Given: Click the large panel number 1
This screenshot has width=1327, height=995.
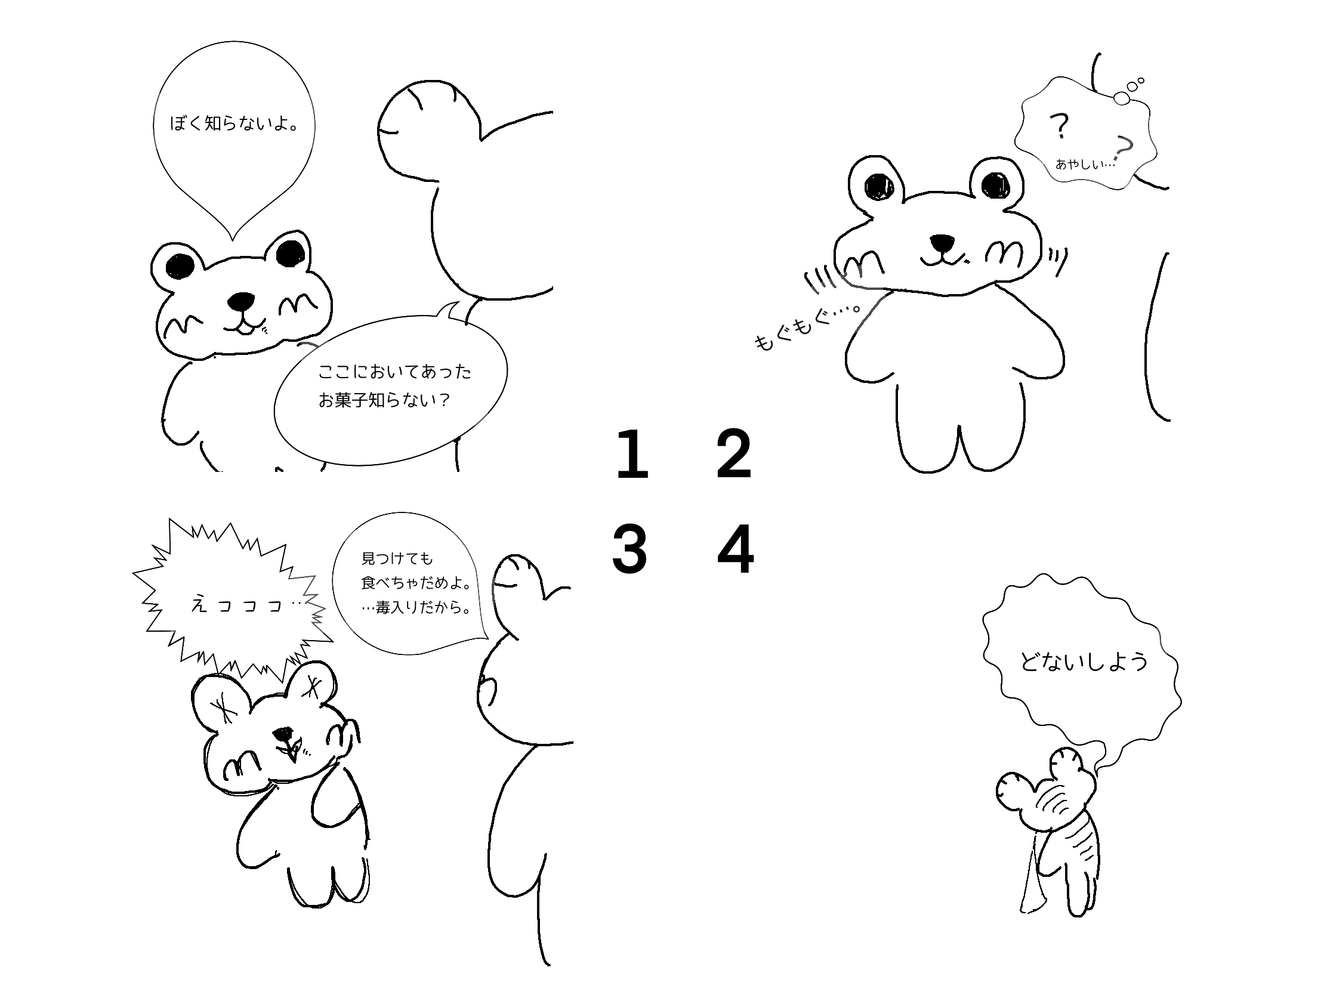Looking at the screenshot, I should click(x=632, y=454).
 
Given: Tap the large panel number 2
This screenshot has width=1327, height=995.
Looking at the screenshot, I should click(x=734, y=454).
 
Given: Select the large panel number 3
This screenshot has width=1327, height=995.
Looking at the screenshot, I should click(x=629, y=549).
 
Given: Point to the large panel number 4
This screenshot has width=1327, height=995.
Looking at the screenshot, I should click(x=736, y=549).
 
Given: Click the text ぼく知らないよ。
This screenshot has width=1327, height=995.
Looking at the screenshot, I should click(x=234, y=124).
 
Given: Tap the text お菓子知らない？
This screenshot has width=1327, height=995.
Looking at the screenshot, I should click(x=384, y=400).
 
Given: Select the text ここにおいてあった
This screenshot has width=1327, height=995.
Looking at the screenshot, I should click(x=395, y=372).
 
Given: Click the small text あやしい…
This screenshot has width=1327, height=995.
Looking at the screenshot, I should click(x=1085, y=163).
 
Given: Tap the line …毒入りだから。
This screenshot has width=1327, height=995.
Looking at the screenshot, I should click(x=416, y=607).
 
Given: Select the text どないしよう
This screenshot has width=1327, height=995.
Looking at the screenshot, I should click(x=1084, y=662).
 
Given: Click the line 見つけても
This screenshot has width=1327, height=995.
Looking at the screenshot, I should click(x=397, y=559).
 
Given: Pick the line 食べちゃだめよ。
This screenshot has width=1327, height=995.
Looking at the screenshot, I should click(x=416, y=583).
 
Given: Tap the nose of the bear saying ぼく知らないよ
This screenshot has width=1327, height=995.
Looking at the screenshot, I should click(x=242, y=300).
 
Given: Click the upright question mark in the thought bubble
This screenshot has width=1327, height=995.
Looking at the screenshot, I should click(x=1060, y=126).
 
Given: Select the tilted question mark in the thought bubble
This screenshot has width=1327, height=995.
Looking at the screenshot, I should click(x=1123, y=147).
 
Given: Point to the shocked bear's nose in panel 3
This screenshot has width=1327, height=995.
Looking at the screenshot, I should click(x=283, y=733).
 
